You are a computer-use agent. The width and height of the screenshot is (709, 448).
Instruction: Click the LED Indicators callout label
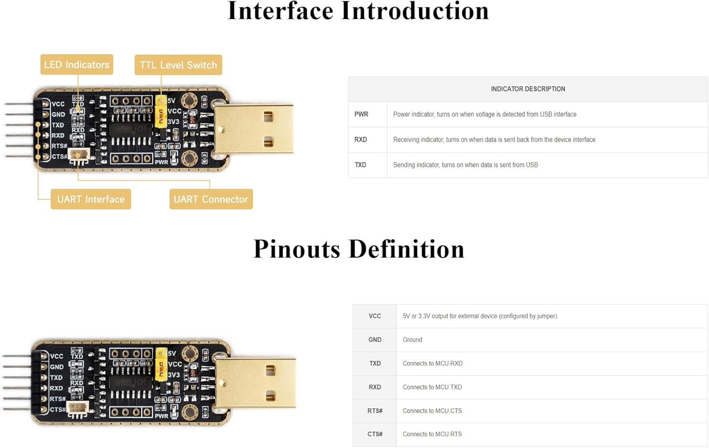(77, 65)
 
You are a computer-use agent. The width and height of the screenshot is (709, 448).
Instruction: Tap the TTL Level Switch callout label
(178, 65)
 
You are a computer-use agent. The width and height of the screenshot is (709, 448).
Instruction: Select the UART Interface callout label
(91, 199)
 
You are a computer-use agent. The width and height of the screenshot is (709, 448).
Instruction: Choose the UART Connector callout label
(211, 199)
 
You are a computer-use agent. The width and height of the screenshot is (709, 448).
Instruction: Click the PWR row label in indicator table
(361, 114)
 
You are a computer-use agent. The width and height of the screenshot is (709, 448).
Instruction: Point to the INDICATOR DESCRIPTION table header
(527, 89)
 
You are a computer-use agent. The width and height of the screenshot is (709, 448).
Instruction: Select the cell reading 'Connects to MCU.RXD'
(432, 363)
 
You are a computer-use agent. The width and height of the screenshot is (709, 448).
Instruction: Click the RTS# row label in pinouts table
(375, 411)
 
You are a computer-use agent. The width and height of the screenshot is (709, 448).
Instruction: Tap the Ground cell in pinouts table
(412, 340)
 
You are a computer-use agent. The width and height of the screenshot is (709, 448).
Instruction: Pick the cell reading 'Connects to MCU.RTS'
(432, 434)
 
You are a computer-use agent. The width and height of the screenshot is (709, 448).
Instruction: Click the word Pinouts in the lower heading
(296, 249)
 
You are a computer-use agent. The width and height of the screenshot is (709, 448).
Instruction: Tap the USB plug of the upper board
(254, 129)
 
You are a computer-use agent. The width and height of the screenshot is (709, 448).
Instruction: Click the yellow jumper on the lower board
(161, 364)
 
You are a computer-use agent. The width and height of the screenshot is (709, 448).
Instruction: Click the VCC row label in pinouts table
(375, 316)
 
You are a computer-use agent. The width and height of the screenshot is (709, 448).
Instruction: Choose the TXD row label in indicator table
(361, 165)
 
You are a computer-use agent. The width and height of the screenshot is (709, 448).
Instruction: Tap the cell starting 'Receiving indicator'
(494, 140)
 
